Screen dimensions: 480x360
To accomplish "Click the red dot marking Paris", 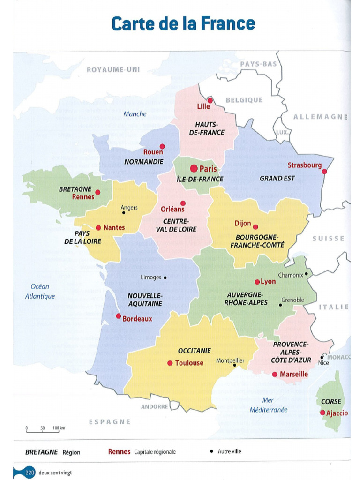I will point(194,168).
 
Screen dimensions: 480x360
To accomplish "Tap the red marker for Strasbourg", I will point(324,172).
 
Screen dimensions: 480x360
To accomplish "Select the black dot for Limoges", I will point(165,277).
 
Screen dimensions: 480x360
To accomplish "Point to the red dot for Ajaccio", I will point(322,412).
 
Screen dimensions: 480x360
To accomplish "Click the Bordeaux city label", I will point(137,319).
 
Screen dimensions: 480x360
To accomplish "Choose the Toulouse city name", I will point(189,363).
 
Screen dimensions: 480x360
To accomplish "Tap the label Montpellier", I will point(230,360).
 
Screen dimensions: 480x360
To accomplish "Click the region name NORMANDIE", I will point(143,162).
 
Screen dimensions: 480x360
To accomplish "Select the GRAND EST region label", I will point(277,179).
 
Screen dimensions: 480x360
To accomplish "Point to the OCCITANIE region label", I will point(194,350).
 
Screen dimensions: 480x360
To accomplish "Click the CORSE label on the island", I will point(331,402).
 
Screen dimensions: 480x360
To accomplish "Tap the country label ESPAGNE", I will point(110,421).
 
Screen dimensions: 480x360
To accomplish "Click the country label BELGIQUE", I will point(244,100).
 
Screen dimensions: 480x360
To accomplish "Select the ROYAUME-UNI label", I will point(113,70).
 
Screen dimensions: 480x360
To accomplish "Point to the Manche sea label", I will point(135,114).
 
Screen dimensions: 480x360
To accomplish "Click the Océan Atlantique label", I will point(40,291).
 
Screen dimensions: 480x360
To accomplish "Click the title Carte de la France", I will point(183,23).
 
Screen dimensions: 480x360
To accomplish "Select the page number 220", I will point(30,472).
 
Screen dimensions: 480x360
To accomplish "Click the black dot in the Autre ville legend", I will point(212,452).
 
